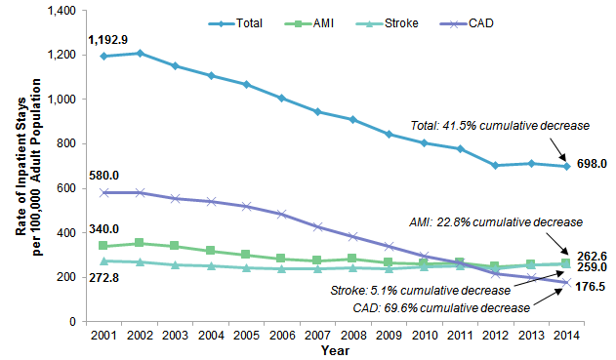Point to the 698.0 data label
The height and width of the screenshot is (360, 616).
coord(589,167)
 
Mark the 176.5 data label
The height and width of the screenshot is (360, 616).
coord(589,287)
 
